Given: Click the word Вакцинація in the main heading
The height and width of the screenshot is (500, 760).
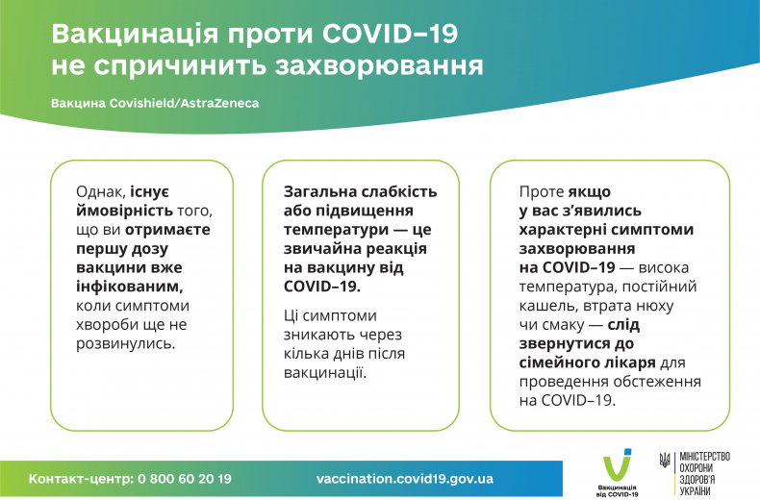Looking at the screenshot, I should [124, 35].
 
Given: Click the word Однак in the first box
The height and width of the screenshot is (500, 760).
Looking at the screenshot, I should [100, 192].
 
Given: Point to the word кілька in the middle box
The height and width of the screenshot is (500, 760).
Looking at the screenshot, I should [306, 353].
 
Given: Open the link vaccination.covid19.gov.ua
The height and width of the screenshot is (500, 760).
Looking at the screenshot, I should [405, 478].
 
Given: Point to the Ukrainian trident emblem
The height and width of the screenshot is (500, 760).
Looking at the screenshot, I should [665, 461].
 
